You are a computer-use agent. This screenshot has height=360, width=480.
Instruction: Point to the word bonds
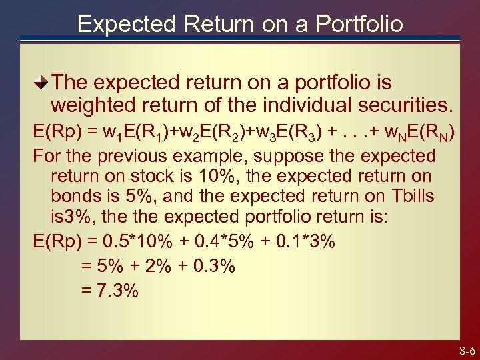77,197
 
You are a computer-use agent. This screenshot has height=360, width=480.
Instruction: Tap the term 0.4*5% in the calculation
223,241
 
